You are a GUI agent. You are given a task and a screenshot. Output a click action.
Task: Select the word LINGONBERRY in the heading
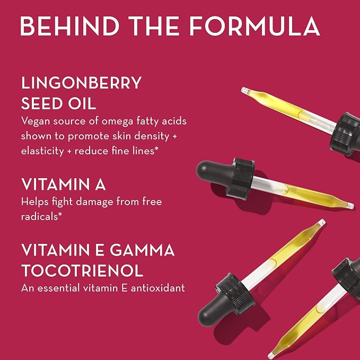tap(81, 83)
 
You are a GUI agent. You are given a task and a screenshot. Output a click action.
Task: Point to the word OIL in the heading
tap(82, 103)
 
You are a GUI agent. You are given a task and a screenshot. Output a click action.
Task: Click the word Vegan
tap(36, 121)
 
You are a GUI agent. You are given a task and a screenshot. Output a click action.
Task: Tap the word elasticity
tap(42, 151)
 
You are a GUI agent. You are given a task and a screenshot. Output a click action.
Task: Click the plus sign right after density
tap(175, 136)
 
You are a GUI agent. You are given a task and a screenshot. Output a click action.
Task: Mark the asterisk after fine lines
tap(156, 149)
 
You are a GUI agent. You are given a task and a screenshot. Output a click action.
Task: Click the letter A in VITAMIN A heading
tap(100, 184)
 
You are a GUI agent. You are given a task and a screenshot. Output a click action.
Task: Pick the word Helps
tap(35, 202)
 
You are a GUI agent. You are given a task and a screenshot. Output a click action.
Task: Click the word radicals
tap(39, 216)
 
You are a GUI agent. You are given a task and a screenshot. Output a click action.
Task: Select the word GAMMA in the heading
tap(142, 250)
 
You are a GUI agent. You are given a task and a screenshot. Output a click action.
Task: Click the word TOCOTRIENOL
tap(82, 270)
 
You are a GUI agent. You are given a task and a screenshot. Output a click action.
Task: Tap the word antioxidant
tap(157, 288)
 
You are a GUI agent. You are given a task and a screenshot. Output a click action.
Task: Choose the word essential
tap(58, 288)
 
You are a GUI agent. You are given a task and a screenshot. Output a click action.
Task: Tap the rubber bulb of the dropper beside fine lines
tap(215, 173)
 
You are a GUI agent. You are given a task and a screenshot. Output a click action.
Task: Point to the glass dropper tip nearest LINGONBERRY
tap(245, 91)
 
